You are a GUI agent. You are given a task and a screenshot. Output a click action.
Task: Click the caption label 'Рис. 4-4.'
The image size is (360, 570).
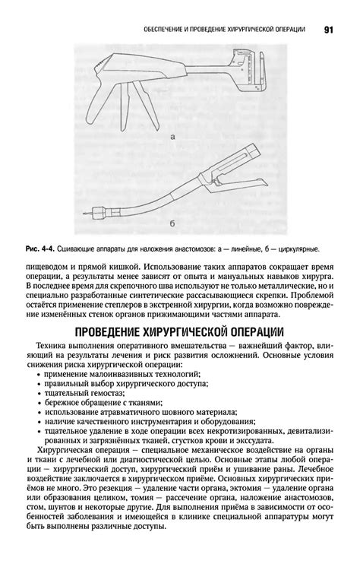click(41, 249)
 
